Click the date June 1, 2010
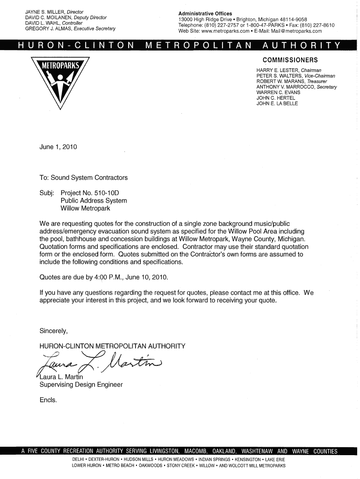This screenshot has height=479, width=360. click(x=58, y=147)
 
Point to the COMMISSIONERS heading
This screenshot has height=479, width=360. click(x=290, y=60)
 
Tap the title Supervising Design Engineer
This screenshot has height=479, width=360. click(x=81, y=385)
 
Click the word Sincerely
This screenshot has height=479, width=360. click(x=54, y=331)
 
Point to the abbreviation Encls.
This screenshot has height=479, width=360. click(x=49, y=400)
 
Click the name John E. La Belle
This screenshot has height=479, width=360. click(x=277, y=104)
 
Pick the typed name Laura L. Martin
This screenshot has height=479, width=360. click(x=61, y=377)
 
